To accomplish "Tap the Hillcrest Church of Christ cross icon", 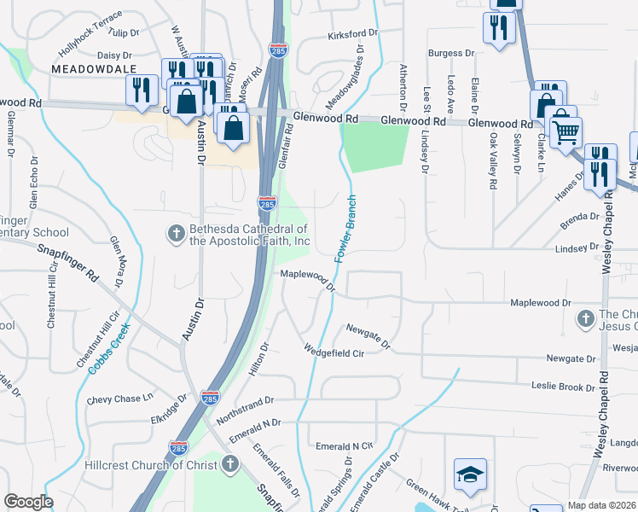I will (229, 464).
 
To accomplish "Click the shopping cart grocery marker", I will (565, 132).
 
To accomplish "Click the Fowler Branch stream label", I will (345, 228).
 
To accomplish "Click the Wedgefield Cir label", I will (334, 350).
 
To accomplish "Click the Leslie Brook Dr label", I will (564, 387).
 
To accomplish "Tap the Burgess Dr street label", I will (450, 53).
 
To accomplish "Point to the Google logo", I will (28, 502).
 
